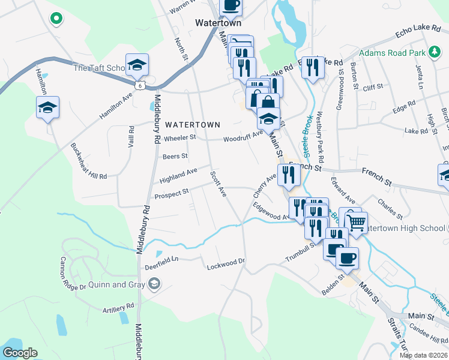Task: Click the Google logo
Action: (20, 353)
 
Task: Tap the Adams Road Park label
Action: (391, 53)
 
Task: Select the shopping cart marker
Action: (357, 222)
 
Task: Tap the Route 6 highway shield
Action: (140, 86)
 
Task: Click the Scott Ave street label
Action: (218, 184)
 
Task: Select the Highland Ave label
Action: (178, 176)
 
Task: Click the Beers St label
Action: (175, 156)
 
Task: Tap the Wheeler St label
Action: (180, 137)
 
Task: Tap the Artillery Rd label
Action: (118, 307)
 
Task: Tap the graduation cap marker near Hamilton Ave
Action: (48, 108)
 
